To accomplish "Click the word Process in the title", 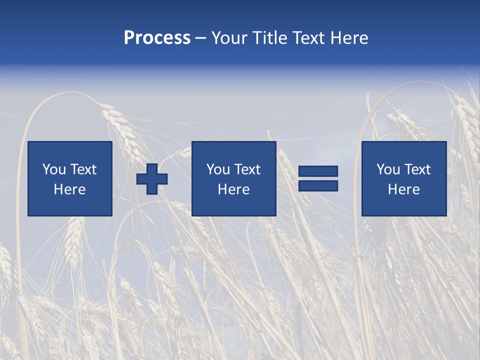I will [x=157, y=38].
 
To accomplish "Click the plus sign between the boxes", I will [x=152, y=178].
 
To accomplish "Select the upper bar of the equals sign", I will [x=318, y=171].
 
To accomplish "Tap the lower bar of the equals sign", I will [x=318, y=186].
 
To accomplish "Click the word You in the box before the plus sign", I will [x=54, y=169].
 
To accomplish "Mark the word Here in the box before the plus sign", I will [x=69, y=189].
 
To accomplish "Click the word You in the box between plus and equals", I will [x=218, y=169].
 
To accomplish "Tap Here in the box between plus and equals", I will [x=233, y=189].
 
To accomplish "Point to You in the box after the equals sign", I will [x=388, y=169].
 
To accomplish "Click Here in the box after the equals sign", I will [x=403, y=189].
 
